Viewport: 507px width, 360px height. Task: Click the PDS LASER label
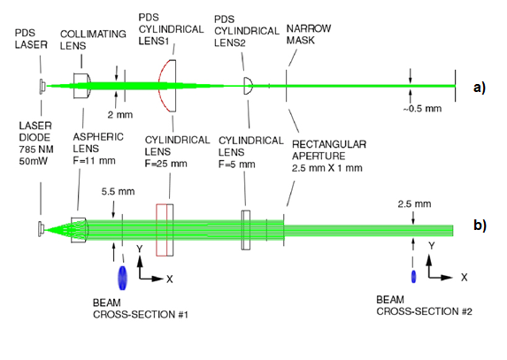[x=31, y=39]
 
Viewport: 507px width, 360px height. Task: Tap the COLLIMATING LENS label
[x=93, y=40]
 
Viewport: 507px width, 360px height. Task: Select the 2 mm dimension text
[x=120, y=115]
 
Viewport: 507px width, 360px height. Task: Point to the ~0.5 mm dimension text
[x=422, y=109]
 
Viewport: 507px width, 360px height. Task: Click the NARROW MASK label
[x=309, y=34]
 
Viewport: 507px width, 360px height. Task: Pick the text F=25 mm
[x=165, y=164]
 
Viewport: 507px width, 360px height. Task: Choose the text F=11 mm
[x=94, y=161]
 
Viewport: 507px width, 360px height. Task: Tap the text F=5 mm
[x=236, y=165]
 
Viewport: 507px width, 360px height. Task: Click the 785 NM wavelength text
[x=36, y=149]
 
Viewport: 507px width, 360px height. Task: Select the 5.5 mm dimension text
[x=118, y=192]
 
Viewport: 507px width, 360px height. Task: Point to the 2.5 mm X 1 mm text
[x=326, y=168]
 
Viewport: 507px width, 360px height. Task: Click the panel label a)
[x=480, y=88]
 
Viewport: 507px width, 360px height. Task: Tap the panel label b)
[x=480, y=226]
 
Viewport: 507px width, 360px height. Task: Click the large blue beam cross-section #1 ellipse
[x=122, y=278]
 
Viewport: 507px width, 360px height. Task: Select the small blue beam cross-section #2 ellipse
[x=413, y=277]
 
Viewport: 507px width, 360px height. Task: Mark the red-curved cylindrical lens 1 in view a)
[x=167, y=86]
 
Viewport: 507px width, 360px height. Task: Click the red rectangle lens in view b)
[x=162, y=230]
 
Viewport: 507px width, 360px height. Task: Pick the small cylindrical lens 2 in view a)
[x=248, y=86]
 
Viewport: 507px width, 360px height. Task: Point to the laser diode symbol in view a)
[x=42, y=87]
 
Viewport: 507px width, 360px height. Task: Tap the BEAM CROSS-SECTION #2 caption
[x=424, y=305]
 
